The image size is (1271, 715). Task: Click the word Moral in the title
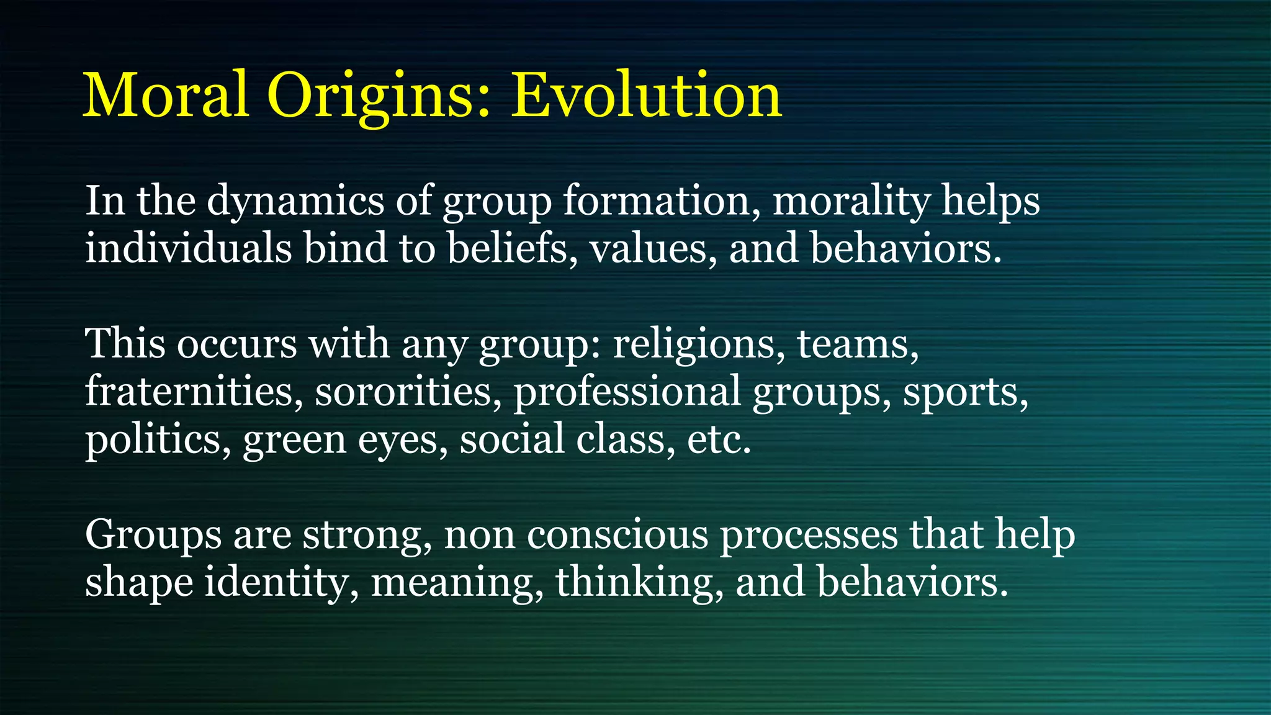[x=166, y=95]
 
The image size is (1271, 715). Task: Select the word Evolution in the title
[x=645, y=95]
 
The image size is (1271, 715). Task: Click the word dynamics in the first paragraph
[x=295, y=202]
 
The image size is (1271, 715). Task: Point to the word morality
[x=851, y=202]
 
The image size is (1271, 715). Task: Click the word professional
[x=627, y=393]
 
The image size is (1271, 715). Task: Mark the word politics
[x=153, y=440]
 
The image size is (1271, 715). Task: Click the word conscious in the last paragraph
[x=617, y=535]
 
